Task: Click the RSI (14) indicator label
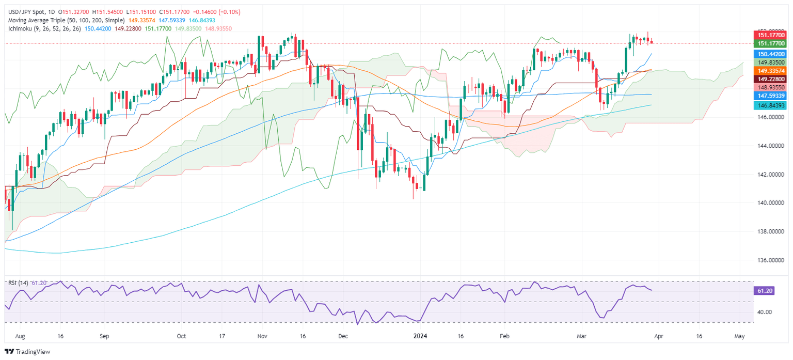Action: click(18, 283)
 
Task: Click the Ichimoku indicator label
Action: click(21, 28)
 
